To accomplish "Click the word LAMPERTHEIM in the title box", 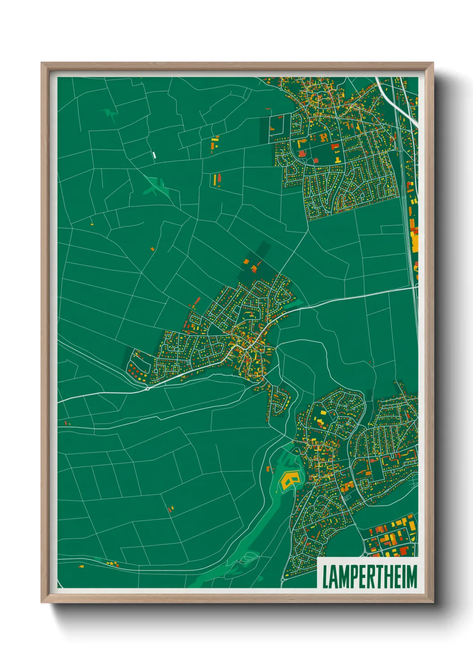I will [x=369, y=577].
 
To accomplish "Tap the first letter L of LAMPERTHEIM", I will [x=325, y=577].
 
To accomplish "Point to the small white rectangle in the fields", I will [x=154, y=155].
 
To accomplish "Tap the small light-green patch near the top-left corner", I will [x=110, y=114].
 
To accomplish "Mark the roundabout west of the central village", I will [x=148, y=388].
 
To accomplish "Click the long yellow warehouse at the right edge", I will [x=414, y=242].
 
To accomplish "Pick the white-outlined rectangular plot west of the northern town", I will [x=277, y=125].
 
